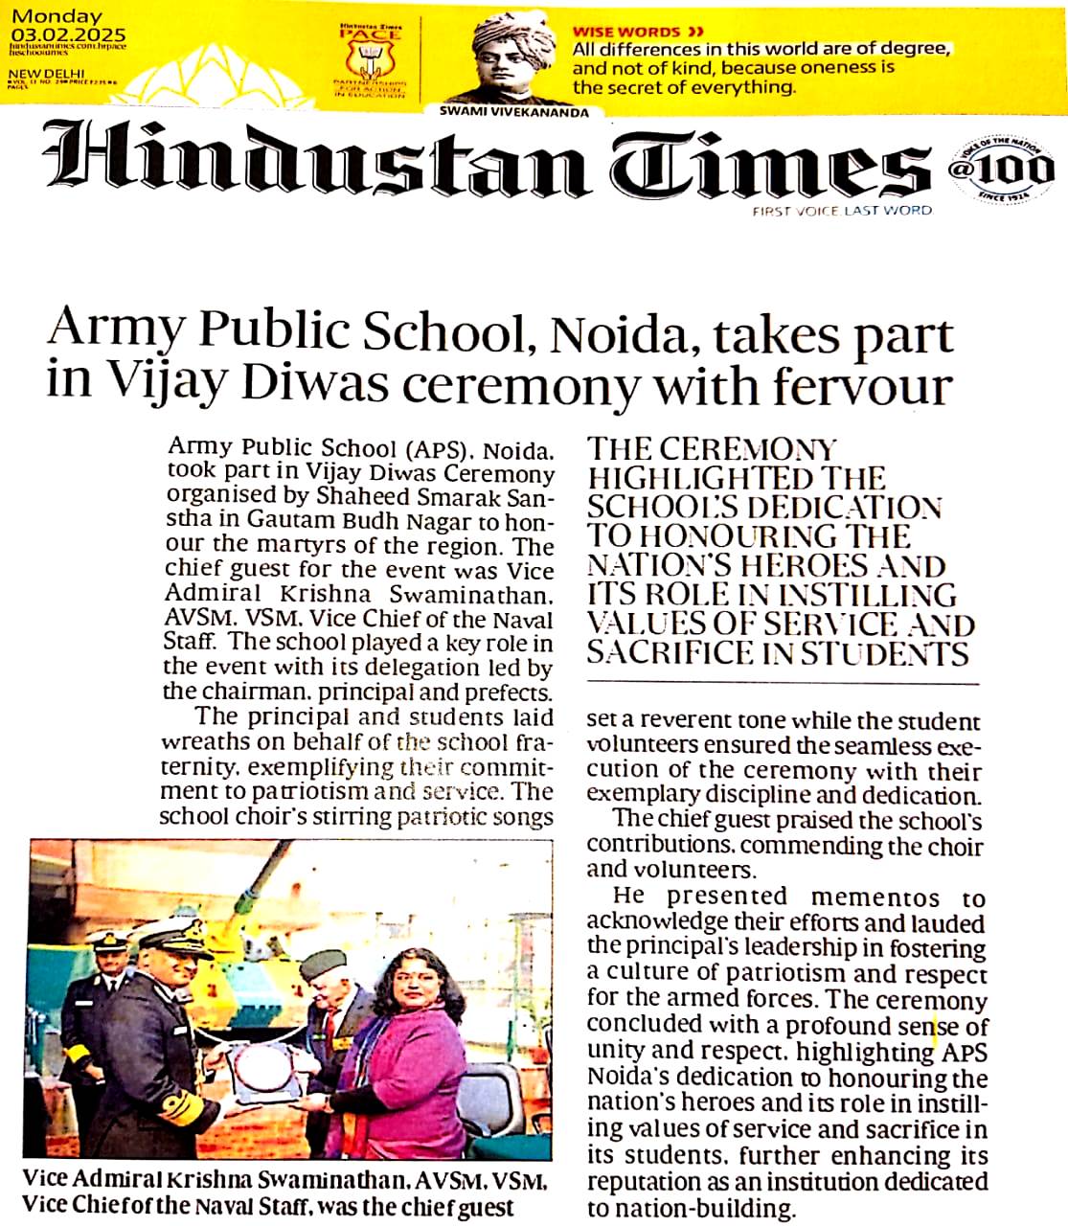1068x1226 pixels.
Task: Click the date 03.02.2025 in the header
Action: pos(67,35)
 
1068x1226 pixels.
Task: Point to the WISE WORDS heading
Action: pos(626,32)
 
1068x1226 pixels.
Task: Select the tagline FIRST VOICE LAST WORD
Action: pos(842,211)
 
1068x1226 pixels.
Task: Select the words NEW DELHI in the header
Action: pos(46,73)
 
